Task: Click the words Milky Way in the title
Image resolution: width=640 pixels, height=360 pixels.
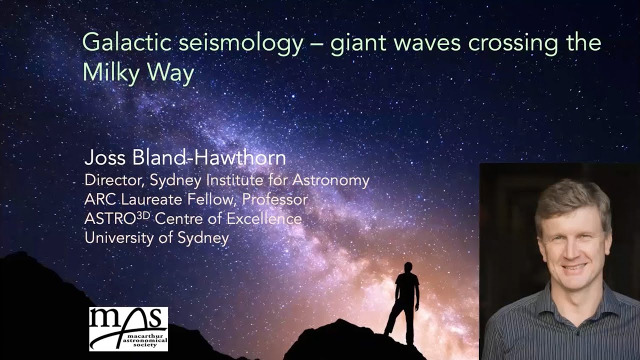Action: click(138, 73)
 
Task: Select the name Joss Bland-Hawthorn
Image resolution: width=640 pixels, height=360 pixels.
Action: click(185, 158)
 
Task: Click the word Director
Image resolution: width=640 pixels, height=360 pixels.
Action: click(111, 180)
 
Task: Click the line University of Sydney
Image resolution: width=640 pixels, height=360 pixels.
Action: click(156, 237)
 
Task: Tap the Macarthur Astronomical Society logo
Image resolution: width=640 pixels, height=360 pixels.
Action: click(128, 328)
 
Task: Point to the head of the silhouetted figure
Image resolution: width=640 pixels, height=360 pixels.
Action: click(408, 267)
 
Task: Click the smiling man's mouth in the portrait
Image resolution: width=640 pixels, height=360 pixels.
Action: click(573, 267)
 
